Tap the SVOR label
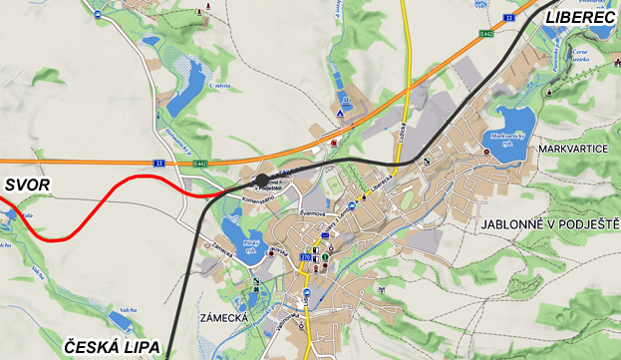coord(26,185)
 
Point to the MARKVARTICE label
coord(572,149)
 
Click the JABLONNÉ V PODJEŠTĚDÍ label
coord(549,225)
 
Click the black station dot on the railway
coord(262,180)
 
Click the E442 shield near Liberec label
coord(485,34)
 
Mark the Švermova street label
coord(318,212)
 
